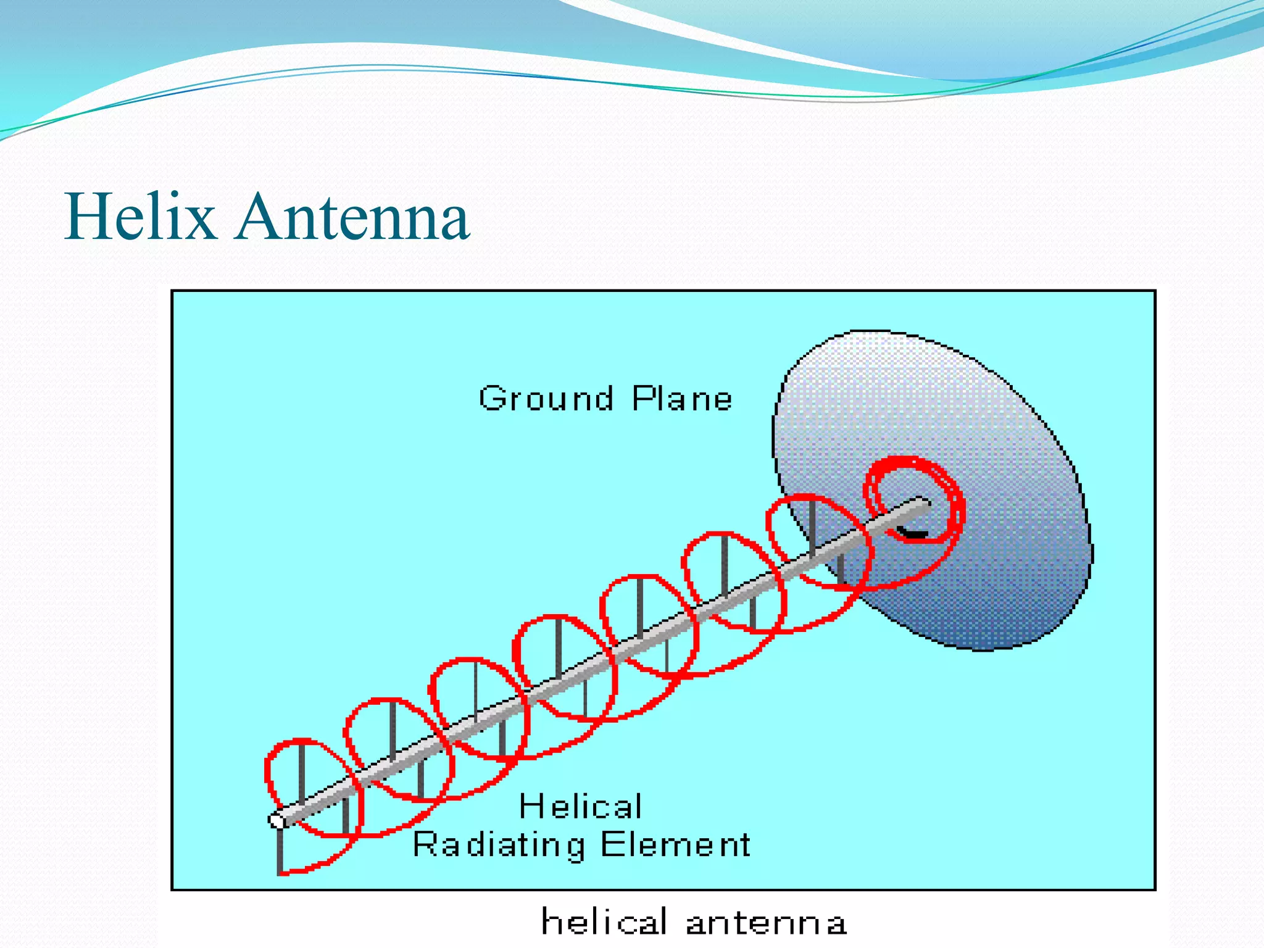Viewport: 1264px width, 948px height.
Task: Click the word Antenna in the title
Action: click(x=353, y=217)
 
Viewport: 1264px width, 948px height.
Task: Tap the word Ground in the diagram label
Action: click(x=546, y=398)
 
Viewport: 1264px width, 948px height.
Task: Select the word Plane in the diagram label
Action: click(x=682, y=398)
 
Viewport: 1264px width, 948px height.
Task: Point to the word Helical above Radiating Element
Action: click(x=580, y=806)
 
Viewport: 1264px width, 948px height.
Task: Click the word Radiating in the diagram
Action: click(x=499, y=845)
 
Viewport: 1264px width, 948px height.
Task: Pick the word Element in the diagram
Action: click(x=675, y=844)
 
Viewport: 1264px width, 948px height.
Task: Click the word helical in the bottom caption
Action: click(x=604, y=922)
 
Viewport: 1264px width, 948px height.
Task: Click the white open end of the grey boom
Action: click(x=276, y=820)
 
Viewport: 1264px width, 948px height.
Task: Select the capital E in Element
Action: click(x=611, y=844)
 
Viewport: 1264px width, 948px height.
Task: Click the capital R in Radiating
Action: click(x=425, y=844)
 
